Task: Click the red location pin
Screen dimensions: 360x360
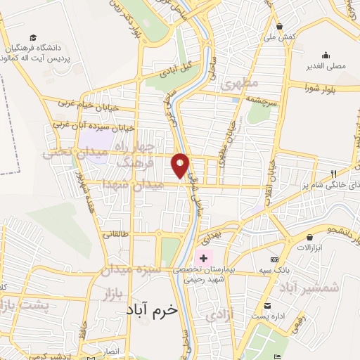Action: point(181,165)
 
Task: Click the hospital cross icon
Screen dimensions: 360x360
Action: point(204,259)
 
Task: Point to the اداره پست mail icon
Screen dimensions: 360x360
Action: point(267,305)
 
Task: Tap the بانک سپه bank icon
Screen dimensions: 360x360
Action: point(284,260)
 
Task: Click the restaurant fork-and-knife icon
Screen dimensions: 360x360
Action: point(334,174)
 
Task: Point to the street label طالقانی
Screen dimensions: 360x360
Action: point(116,234)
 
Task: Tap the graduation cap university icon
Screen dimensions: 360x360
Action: point(34,37)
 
